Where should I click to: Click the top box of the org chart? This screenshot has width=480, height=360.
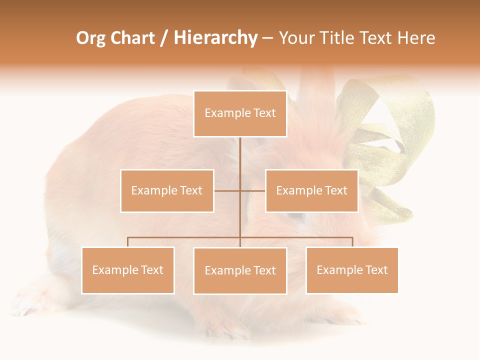(x=240, y=113)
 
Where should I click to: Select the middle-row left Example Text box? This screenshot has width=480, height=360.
(x=167, y=190)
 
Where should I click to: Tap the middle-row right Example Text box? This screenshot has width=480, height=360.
(x=311, y=190)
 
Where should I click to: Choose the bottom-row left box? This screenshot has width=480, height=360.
(x=128, y=270)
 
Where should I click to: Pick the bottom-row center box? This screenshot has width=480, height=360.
(x=240, y=270)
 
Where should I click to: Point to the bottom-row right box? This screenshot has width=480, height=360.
(x=352, y=270)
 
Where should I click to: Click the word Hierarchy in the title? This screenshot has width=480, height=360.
(x=215, y=38)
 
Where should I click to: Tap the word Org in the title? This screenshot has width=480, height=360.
(x=90, y=38)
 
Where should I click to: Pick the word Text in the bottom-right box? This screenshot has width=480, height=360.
(x=376, y=270)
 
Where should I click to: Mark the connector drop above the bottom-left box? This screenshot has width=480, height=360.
(x=128, y=242)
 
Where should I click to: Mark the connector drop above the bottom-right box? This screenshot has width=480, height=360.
(x=352, y=242)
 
